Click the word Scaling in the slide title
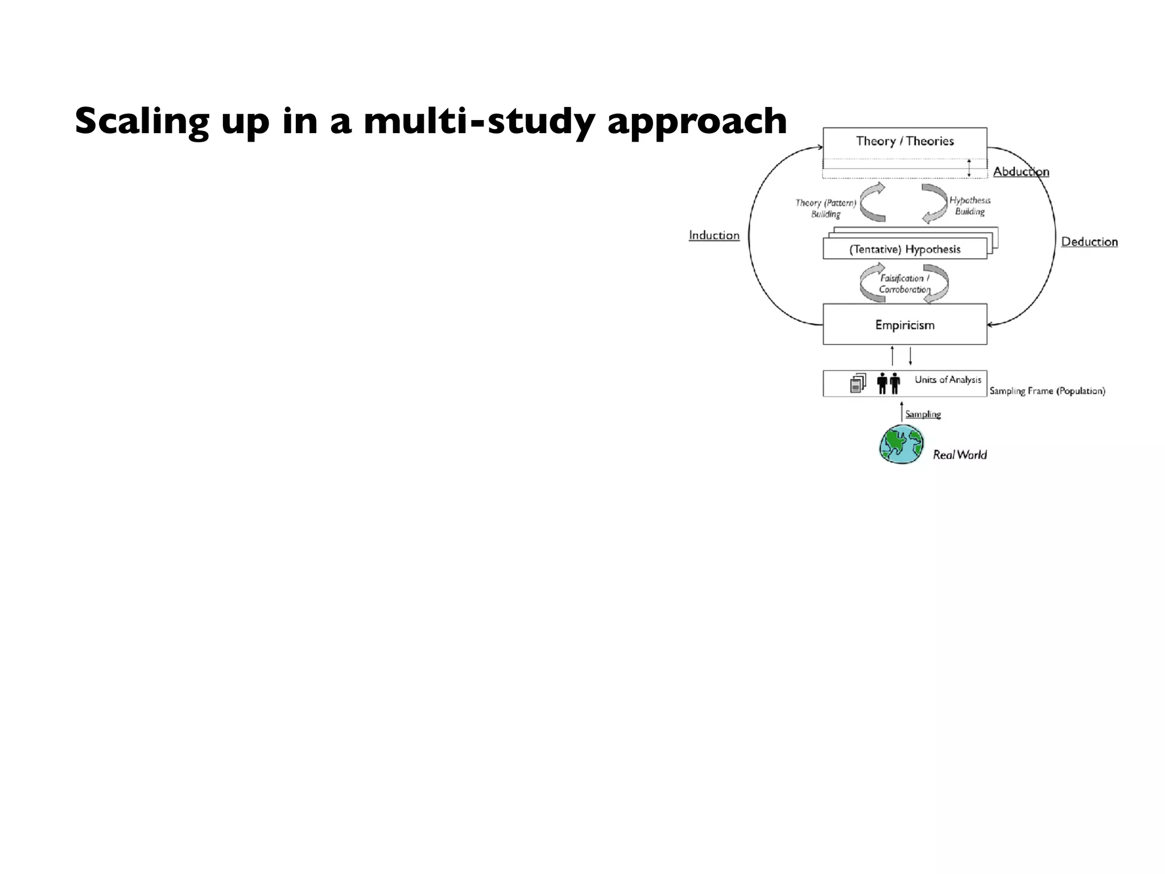tap(142, 122)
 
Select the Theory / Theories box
tap(904, 142)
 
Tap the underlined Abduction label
tap(1021, 172)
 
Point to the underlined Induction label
tap(714, 236)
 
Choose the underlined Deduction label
tap(1089, 242)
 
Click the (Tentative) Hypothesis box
tap(904, 249)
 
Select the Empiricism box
tap(904, 325)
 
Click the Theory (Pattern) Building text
tap(825, 208)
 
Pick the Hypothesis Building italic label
tap(970, 206)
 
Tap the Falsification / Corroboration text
tap(904, 284)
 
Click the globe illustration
tap(901, 444)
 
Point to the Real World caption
tap(960, 455)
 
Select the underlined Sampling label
tap(923, 414)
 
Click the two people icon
tap(889, 384)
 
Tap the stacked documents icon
tap(858, 384)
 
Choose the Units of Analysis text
tap(948, 380)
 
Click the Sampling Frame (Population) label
tap(1047, 391)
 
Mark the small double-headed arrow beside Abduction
tap(969, 168)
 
